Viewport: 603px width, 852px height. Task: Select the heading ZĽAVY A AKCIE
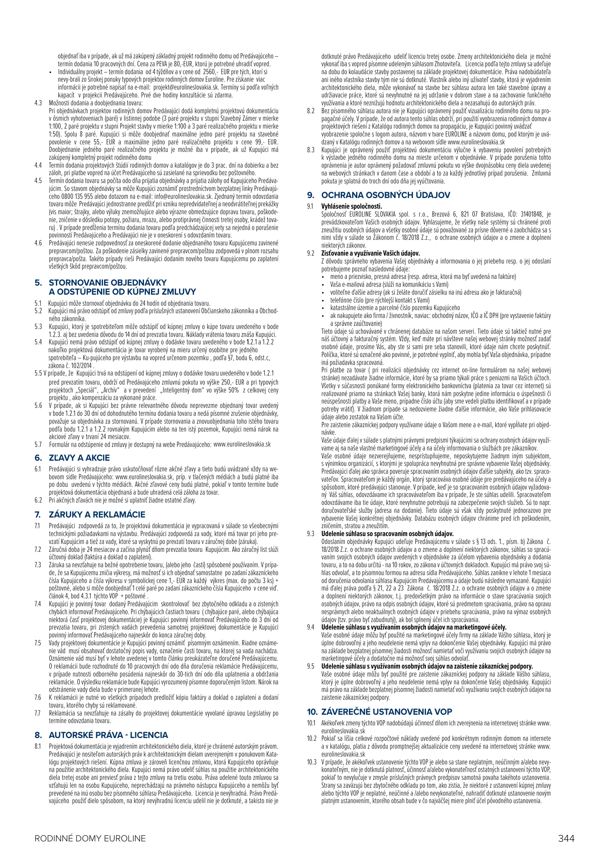tap(79, 458)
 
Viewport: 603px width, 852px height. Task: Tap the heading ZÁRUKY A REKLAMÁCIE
tap(97, 514)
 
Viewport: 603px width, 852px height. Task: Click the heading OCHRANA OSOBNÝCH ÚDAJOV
tap(386, 195)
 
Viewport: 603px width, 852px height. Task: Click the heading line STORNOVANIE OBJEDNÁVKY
tap(108, 282)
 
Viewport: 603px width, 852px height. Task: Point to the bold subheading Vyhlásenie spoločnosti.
tap(352, 206)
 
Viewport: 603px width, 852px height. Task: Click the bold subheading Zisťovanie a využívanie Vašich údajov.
tap(371, 253)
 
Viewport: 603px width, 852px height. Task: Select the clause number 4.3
tap(38, 103)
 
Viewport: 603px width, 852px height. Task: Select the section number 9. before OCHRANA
tap(311, 195)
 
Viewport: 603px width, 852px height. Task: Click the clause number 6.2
tap(38, 501)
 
